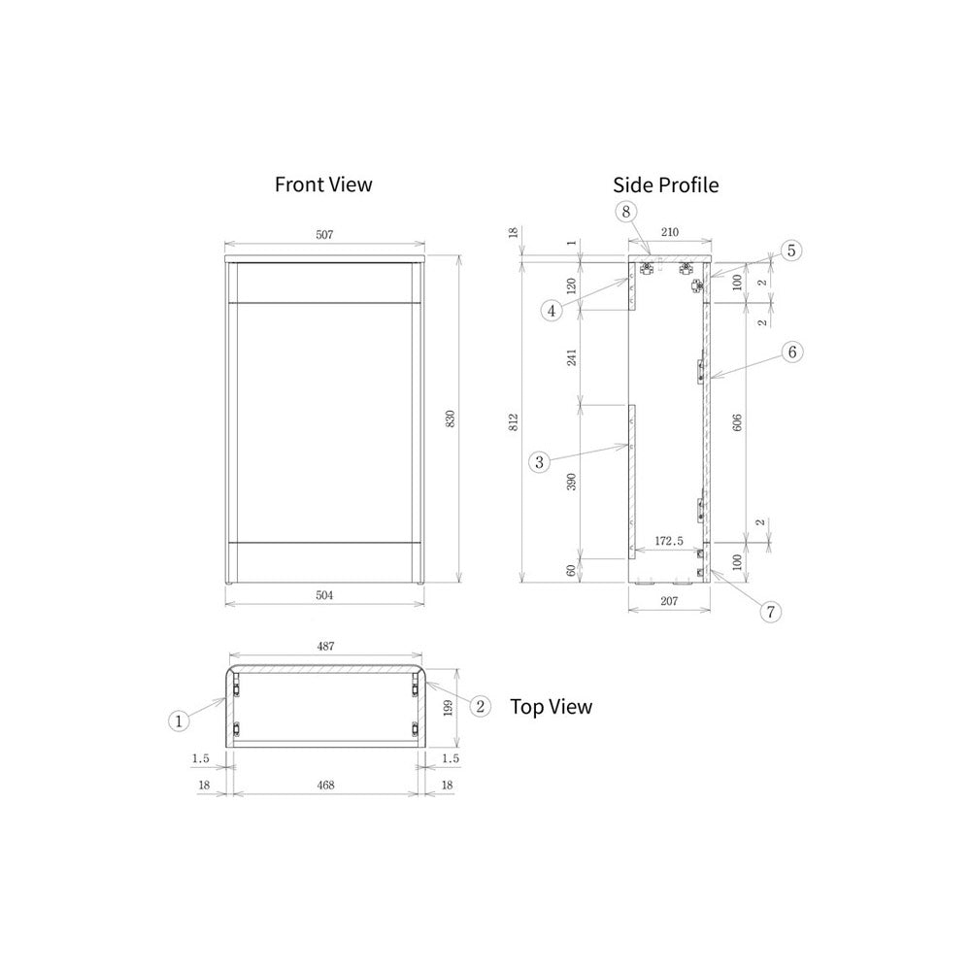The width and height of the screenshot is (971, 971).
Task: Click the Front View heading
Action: (x=323, y=184)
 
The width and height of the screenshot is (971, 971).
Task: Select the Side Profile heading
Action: (x=666, y=185)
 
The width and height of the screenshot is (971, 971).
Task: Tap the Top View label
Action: (x=552, y=707)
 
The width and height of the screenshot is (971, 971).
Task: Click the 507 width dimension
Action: (x=324, y=235)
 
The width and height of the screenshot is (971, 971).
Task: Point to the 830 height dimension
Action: (x=451, y=419)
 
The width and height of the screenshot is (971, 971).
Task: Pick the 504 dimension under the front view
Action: (x=324, y=595)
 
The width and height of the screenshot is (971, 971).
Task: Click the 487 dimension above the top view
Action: (x=325, y=646)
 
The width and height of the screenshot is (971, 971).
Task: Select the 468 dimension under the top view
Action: (x=325, y=786)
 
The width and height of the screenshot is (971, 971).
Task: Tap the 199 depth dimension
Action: (x=449, y=707)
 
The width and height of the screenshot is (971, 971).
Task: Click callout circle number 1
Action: (x=179, y=720)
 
